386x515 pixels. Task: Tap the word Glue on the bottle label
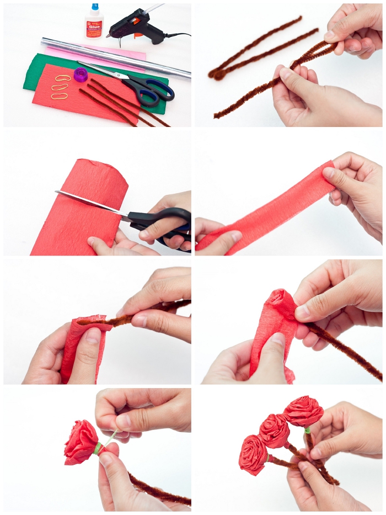pyautogui.click(x=94, y=26)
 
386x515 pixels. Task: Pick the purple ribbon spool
pyautogui.click(x=81, y=73)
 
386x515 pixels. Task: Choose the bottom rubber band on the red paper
pyautogui.click(x=59, y=95)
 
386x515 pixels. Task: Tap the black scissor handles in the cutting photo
pyautogui.click(x=165, y=221)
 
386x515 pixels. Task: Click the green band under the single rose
pyautogui.click(x=98, y=447)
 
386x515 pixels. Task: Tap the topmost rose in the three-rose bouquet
pyautogui.click(x=303, y=411)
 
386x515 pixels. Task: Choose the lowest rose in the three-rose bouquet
pyautogui.click(x=253, y=454)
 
